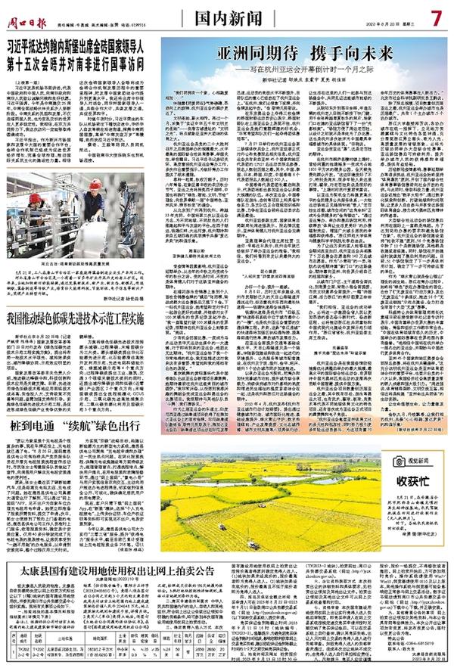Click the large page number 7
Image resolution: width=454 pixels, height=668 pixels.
tap(437, 14)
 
